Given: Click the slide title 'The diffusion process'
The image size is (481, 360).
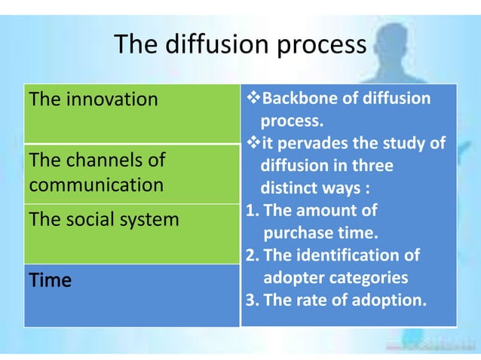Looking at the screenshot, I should pyautogui.click(x=239, y=45).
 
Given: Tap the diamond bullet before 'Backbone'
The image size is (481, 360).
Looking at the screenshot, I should pyautogui.click(x=251, y=99).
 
